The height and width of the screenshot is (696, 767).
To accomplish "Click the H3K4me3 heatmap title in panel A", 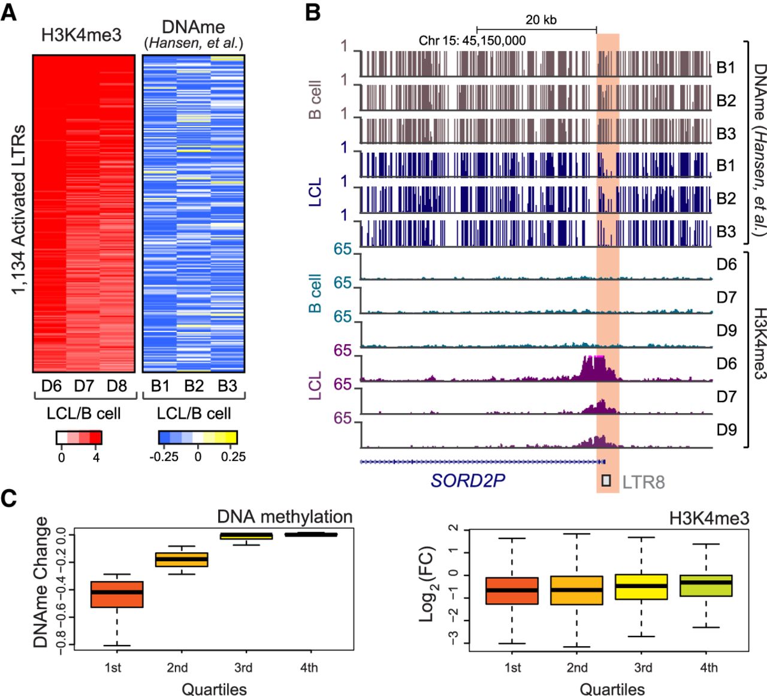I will coord(81,35).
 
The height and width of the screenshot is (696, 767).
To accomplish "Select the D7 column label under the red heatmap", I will coord(84,386).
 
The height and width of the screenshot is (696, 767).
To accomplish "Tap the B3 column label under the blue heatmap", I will coord(227,386).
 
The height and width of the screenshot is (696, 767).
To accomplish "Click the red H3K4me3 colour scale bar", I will coord(79,438).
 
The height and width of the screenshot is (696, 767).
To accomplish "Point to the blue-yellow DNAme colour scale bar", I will coord(198,438).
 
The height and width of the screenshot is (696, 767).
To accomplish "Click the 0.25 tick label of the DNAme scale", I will coord(233,456).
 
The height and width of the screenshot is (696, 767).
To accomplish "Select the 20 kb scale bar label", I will coord(540,20).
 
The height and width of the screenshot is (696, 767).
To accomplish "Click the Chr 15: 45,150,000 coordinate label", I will coord(472,41).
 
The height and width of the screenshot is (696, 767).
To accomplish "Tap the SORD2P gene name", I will coord(467,481).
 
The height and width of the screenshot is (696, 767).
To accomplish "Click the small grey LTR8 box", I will coord(606,480).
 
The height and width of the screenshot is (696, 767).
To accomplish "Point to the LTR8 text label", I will coord(643,482).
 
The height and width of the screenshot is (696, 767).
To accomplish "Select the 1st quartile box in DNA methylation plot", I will coord(117,594).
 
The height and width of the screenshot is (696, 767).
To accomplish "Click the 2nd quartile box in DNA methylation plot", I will coord(182,559).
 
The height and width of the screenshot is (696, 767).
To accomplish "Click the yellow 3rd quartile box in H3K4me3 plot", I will coord(641,587).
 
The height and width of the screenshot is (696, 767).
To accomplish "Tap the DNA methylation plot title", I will coord(285,517).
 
